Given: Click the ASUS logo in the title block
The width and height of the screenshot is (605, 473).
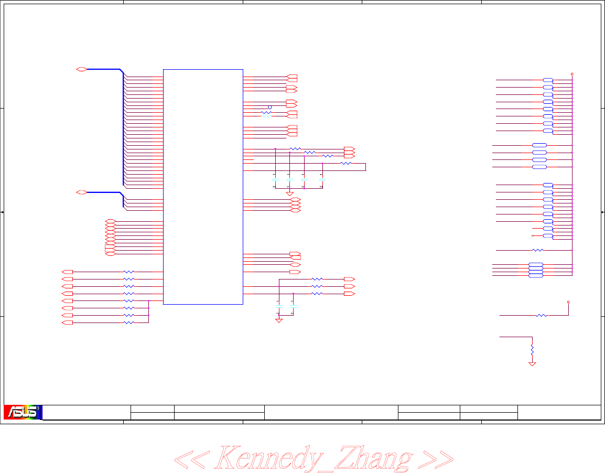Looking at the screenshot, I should click(23, 412).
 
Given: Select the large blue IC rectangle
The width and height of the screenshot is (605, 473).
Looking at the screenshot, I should click(203, 186).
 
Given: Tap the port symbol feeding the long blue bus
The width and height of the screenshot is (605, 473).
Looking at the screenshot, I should click(81, 69).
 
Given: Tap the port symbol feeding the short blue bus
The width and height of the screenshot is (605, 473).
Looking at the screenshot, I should click(81, 192).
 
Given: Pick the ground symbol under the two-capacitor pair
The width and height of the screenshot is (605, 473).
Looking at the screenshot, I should click(279, 320).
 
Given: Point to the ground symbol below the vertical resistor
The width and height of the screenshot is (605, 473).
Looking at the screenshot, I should click(532, 363).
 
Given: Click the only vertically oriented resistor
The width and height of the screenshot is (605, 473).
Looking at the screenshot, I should click(532, 349).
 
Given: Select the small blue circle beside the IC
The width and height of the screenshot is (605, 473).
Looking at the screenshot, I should click(270, 107).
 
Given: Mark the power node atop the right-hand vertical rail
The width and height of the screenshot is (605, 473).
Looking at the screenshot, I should click(572, 74).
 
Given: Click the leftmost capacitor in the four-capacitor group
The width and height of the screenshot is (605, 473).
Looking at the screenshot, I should click(275, 180).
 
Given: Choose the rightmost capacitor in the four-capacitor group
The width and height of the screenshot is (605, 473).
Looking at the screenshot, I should click(322, 180).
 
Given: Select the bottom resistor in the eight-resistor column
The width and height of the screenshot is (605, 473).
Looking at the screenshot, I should click(128, 323).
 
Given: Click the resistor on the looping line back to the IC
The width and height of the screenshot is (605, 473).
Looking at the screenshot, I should click(345, 164).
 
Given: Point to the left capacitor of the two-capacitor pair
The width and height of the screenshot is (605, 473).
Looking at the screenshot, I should click(279, 305).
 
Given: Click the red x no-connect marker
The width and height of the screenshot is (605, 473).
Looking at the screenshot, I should click(532, 236).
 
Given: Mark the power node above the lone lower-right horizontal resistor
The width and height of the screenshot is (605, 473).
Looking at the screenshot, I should click(569, 302).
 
